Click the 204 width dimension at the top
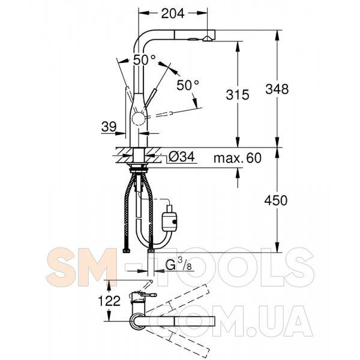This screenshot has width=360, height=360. (x=173, y=13)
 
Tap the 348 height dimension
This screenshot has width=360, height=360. (x=277, y=89)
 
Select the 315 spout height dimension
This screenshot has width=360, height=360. (x=238, y=95)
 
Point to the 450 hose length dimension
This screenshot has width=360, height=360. (x=276, y=200)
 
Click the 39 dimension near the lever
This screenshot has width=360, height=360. (x=109, y=127)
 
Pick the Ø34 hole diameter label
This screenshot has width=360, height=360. (x=182, y=157)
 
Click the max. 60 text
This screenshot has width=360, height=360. (x=238, y=158)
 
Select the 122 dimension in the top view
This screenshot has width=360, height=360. (x=109, y=301)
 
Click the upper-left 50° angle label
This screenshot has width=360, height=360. (x=145, y=60)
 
